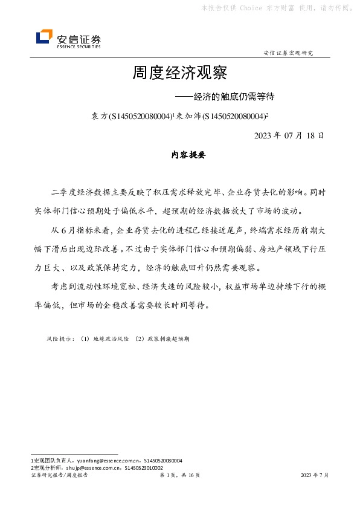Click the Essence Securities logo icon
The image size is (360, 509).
click(44, 37)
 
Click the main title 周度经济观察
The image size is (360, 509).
click(179, 74)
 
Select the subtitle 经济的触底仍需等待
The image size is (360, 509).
click(229, 96)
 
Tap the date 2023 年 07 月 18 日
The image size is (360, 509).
click(289, 135)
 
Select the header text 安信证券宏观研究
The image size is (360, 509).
click(289, 53)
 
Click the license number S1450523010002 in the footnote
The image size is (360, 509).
click(143, 468)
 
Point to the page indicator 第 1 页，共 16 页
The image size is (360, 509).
click(179, 476)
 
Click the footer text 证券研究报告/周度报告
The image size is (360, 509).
click(59, 476)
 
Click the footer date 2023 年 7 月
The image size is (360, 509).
click(315, 476)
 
